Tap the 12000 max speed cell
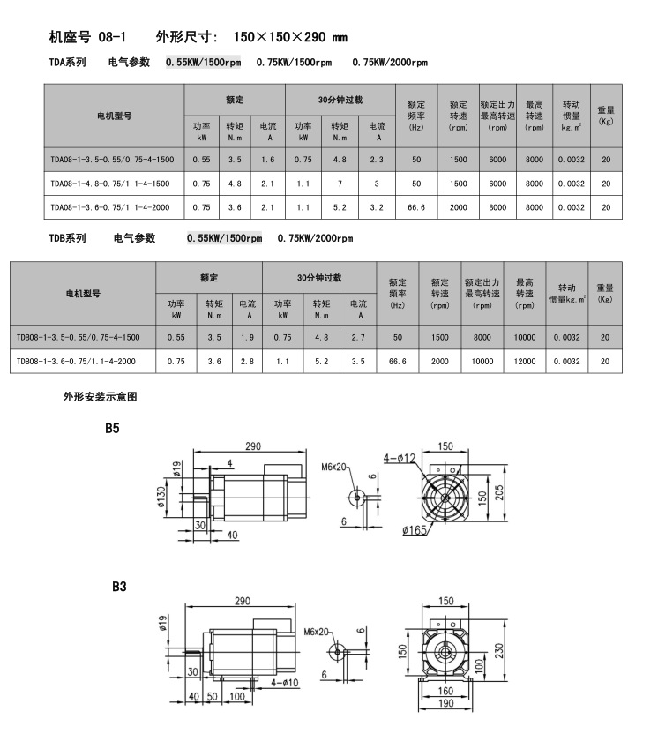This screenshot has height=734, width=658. point(526,361)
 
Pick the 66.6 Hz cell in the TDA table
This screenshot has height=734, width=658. point(415,206)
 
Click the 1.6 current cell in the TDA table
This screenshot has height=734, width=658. point(268,160)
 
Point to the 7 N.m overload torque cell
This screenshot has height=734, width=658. point(340,183)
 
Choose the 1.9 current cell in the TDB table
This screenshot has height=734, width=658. point(248,337)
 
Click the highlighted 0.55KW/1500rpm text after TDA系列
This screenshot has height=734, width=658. point(203,63)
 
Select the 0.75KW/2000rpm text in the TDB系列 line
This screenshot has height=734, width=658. point(315,238)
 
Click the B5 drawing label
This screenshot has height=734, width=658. point(112,428)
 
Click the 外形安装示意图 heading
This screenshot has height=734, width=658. point(100,397)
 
